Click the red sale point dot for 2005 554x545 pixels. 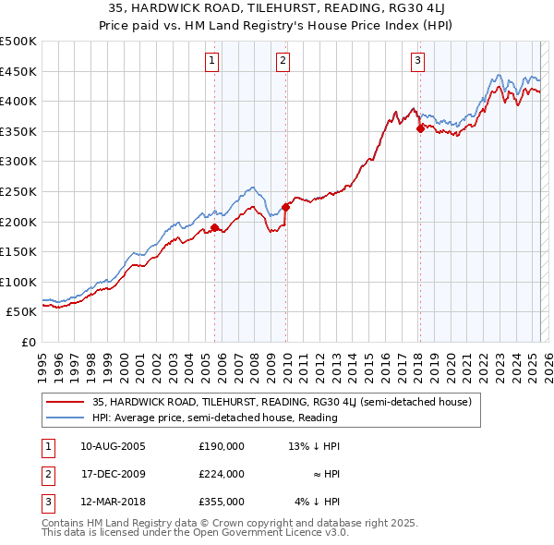pos(215,227)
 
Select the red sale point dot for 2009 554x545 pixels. pos(286,207)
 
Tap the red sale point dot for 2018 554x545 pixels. pos(420,128)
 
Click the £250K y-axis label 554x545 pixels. pos(18,191)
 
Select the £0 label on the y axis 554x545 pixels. pos(29,342)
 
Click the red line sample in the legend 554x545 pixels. pos(65,403)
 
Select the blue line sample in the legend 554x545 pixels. pos(65,418)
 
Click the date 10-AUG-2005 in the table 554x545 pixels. pos(114,445)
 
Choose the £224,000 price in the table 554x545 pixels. pos(221,474)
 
